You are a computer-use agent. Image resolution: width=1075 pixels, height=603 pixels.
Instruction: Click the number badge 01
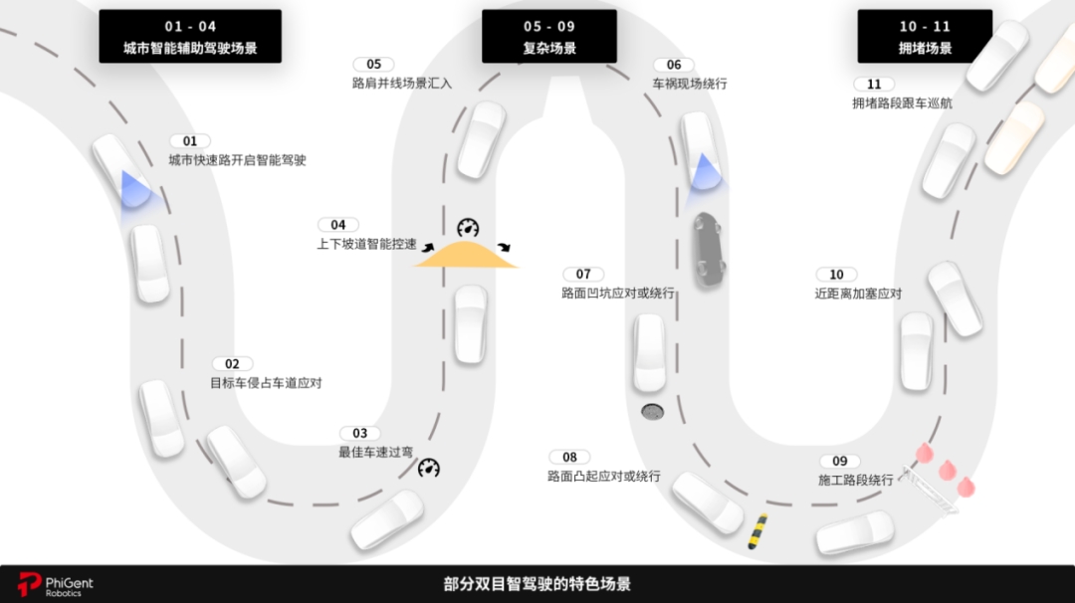(190, 141)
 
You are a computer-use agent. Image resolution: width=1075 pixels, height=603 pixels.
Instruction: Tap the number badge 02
(232, 364)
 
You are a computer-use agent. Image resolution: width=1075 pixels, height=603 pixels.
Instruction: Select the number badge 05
(373, 65)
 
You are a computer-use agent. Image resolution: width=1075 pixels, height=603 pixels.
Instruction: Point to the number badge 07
(583, 274)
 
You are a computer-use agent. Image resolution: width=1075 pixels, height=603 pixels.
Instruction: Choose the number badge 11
(874, 85)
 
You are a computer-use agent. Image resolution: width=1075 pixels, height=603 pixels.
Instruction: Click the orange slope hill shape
(466, 254)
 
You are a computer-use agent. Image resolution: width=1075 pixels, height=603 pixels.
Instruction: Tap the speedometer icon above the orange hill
(468, 228)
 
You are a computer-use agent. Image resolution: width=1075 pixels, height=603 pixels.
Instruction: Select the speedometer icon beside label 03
(429, 468)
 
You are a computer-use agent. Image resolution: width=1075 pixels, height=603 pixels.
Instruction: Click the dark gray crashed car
(709, 250)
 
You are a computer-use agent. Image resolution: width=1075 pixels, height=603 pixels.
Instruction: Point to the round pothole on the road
(652, 412)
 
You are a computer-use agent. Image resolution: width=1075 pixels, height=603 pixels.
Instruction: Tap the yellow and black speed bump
(757, 531)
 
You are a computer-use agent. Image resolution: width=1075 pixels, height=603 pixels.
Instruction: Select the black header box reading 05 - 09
(549, 36)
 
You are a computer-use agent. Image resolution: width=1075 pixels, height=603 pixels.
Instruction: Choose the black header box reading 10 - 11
(925, 36)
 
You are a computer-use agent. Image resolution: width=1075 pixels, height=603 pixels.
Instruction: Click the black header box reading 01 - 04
(190, 36)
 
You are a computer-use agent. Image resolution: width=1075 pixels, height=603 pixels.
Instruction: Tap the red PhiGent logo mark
(30, 584)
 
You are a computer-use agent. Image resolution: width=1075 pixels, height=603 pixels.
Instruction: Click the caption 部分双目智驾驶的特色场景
(537, 584)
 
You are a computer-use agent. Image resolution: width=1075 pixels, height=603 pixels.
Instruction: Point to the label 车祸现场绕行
(690, 84)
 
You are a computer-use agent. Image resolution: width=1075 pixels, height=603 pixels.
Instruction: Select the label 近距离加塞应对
(858, 294)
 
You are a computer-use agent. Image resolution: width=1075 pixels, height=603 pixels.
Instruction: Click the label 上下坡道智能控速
(366, 244)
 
